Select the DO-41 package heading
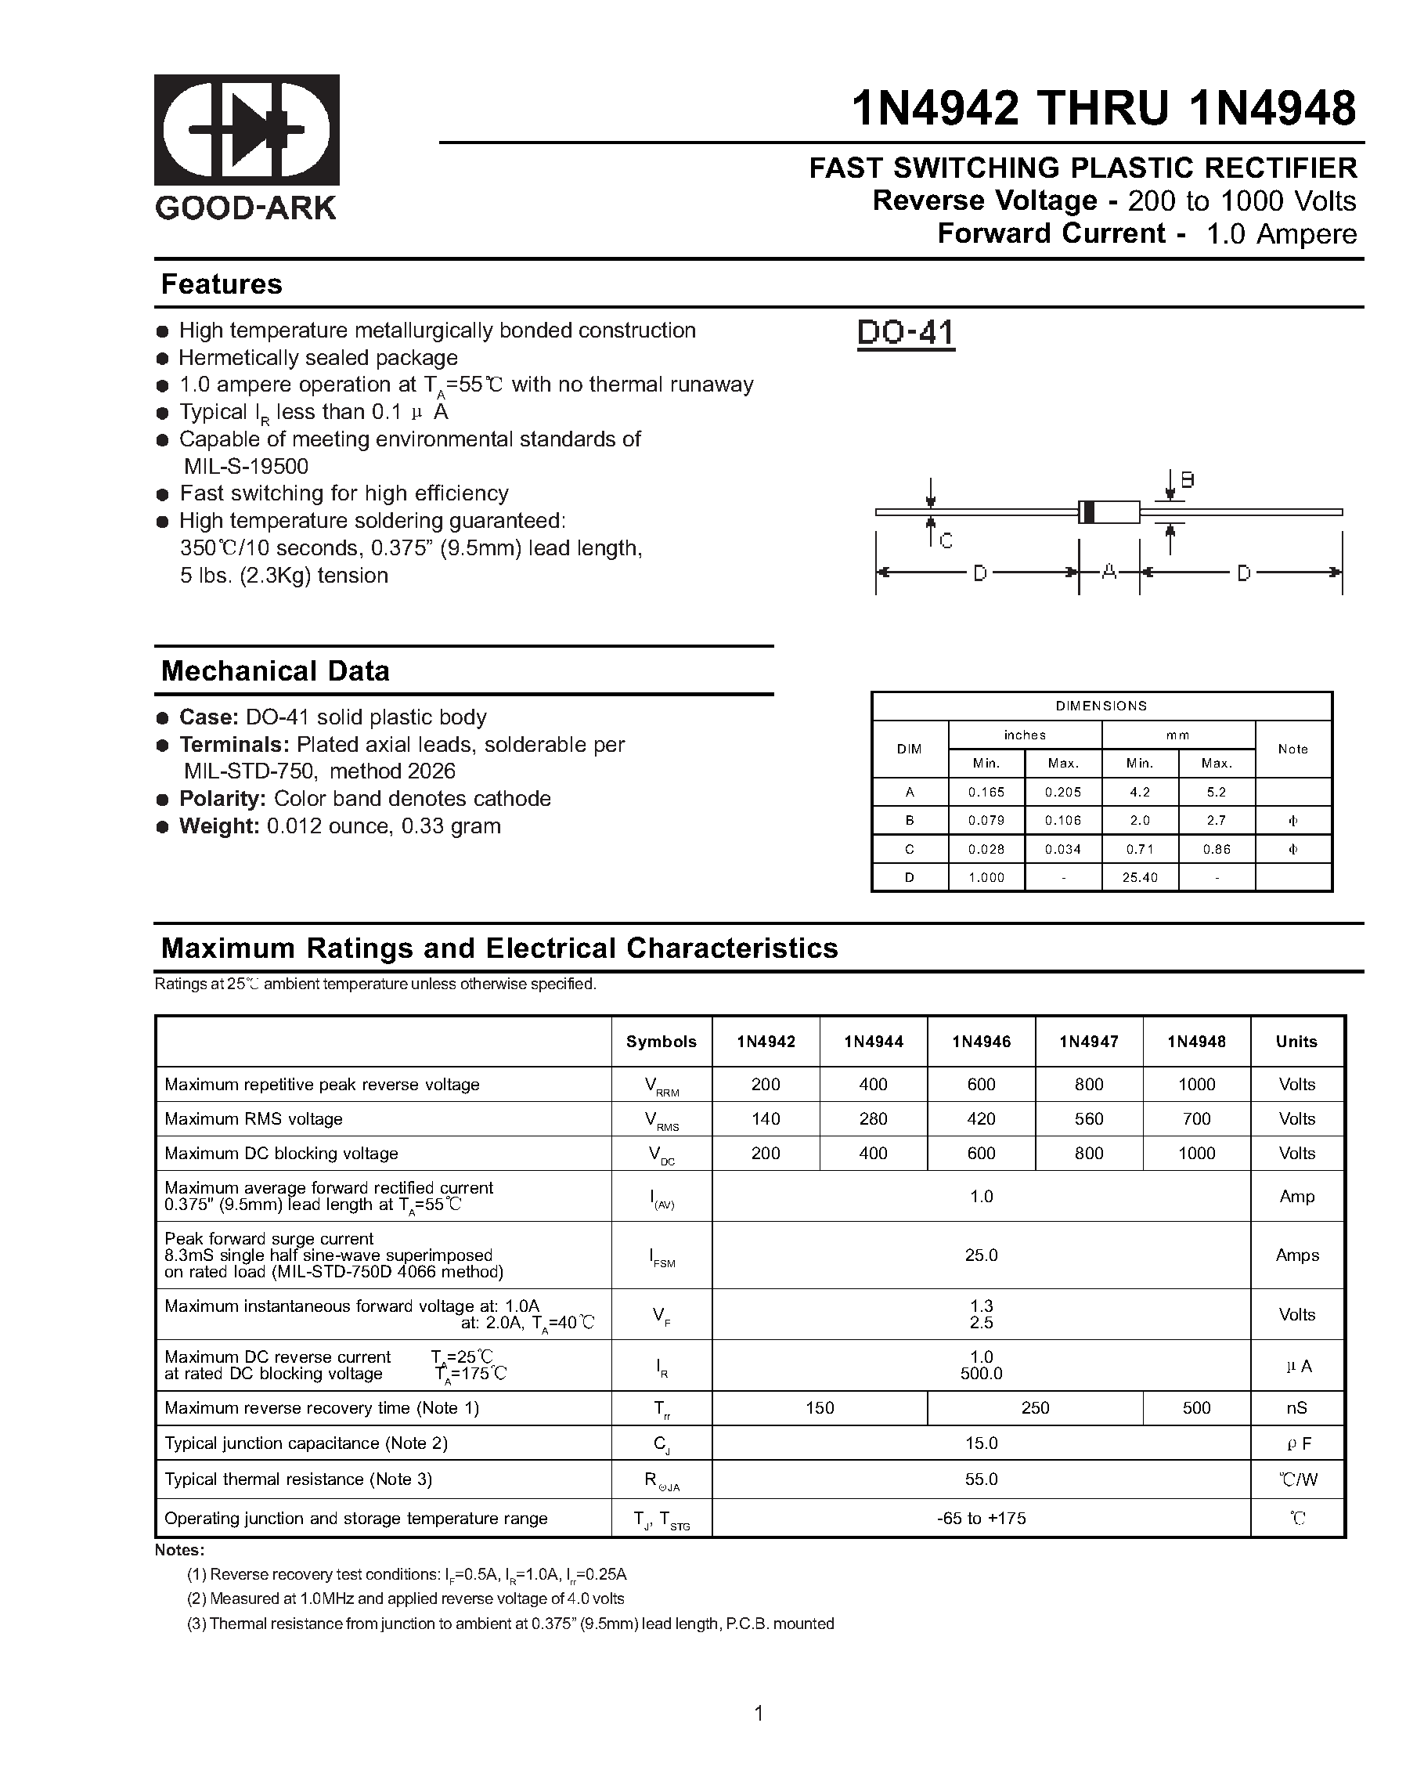pos(905,333)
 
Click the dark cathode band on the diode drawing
pos(1088,511)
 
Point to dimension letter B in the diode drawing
pos(1187,480)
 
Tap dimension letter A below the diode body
pos(1109,573)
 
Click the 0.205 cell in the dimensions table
pos(1062,793)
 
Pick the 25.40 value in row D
pos(1139,878)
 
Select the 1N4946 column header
pos(981,1042)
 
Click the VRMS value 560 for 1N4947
pos(1088,1119)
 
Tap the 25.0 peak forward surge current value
pos(981,1255)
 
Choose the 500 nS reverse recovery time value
pos(1196,1408)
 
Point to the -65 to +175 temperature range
pos(981,1518)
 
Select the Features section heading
pos(222,284)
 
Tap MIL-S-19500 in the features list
pos(247,466)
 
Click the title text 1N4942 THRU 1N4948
pos(1103,108)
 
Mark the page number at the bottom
pos(759,1713)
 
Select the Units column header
pos(1296,1042)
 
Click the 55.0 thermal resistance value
pos(981,1479)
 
